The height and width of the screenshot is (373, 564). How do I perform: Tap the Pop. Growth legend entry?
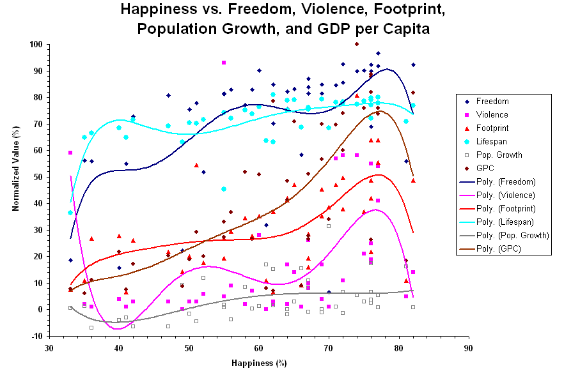click(499, 155)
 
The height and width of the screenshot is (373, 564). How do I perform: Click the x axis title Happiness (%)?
click(258, 363)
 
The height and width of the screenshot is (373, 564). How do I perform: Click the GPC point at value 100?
click(356, 44)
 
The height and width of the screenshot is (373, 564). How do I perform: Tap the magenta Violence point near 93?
click(224, 63)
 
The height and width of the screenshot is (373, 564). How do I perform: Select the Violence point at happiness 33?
click(70, 153)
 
